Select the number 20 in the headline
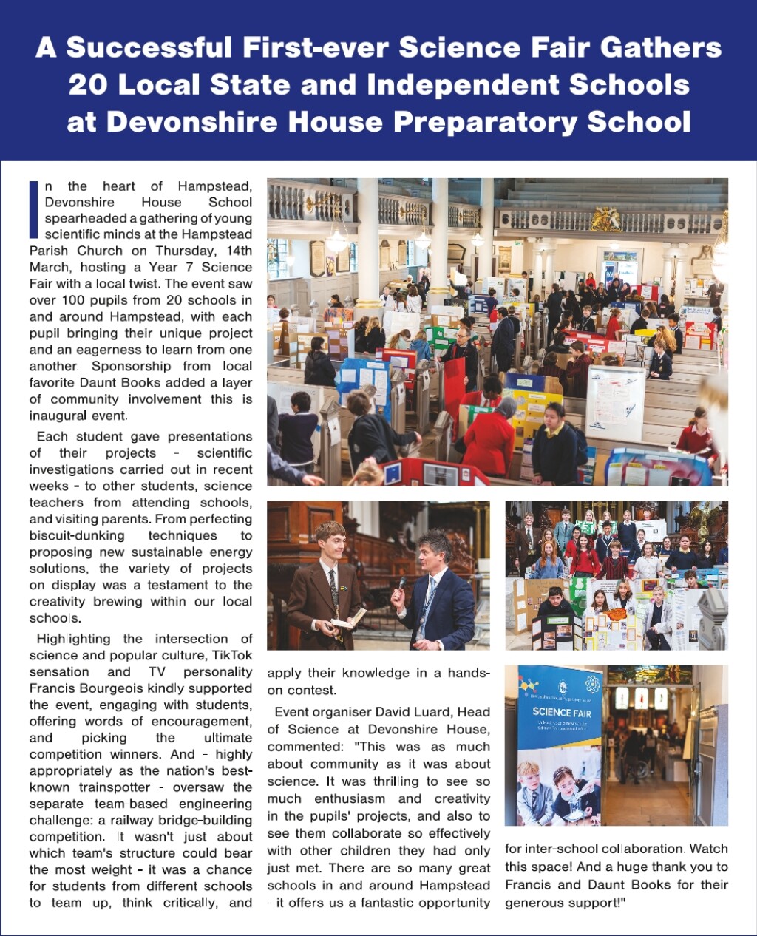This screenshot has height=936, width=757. [88, 84]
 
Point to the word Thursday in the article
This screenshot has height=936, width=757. [184, 251]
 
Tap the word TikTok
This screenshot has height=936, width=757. [232, 655]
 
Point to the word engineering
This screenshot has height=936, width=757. [215, 804]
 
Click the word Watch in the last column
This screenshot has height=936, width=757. [708, 849]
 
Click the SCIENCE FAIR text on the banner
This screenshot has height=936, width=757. [562, 712]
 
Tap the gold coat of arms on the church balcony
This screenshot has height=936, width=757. [606, 218]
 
